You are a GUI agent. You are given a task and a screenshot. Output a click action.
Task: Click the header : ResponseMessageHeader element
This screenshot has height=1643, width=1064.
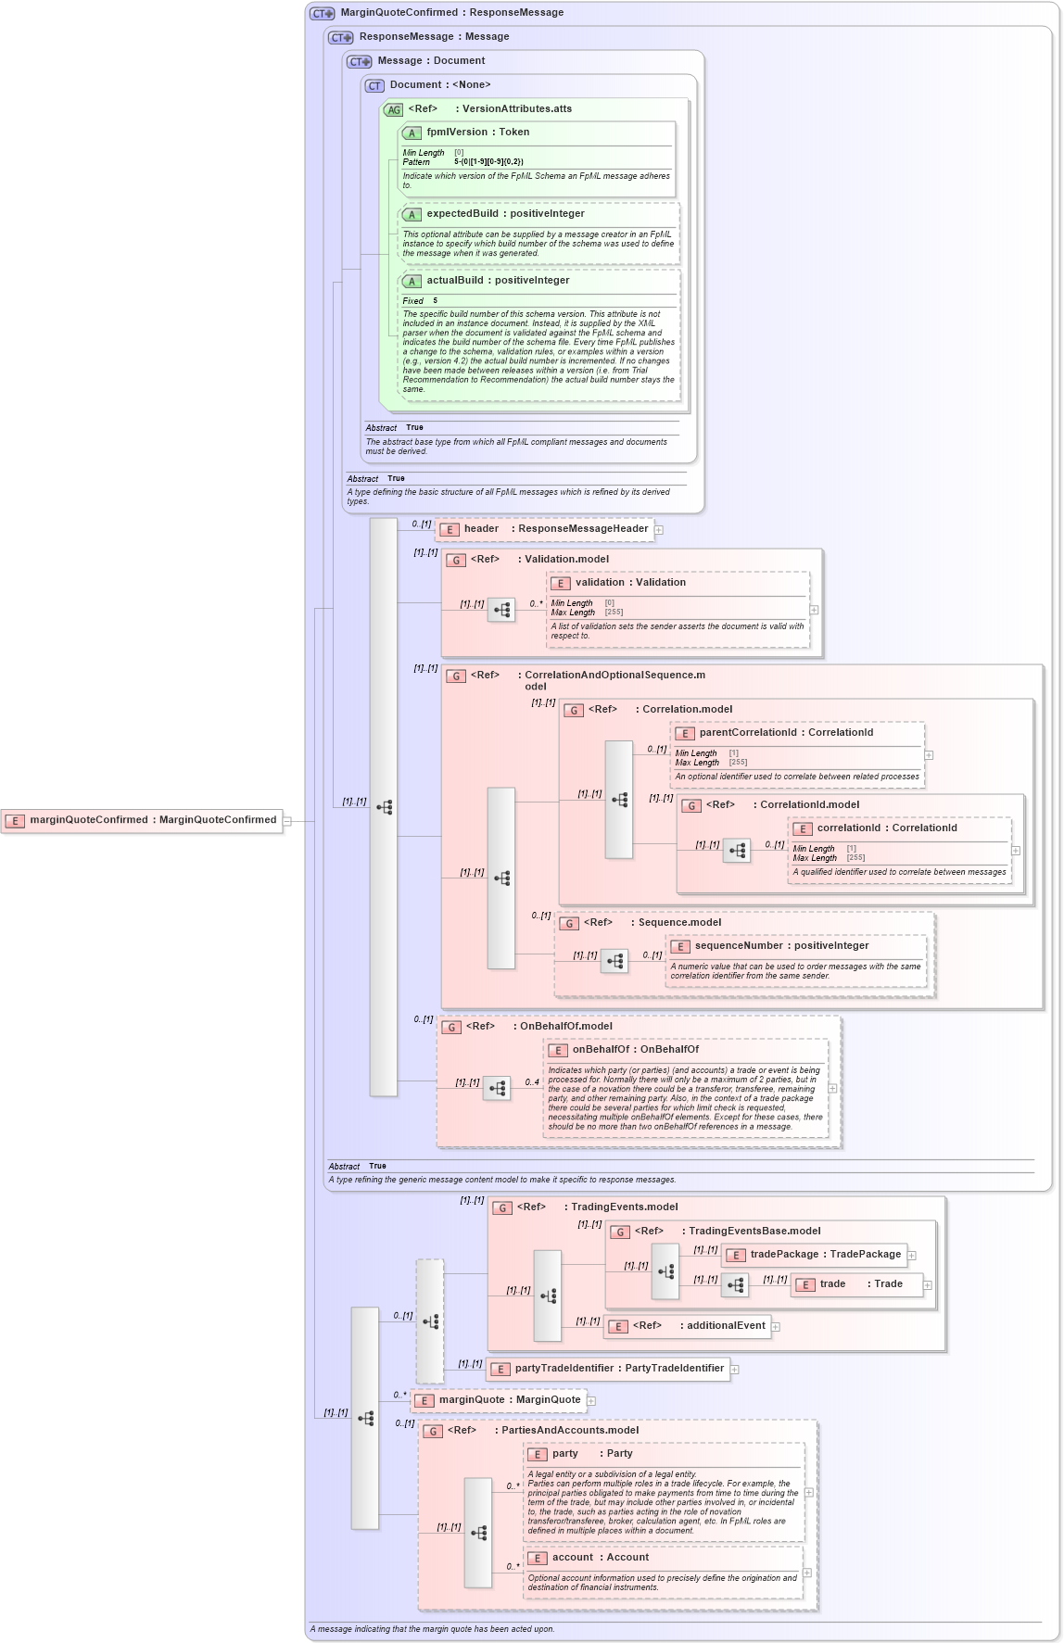(544, 529)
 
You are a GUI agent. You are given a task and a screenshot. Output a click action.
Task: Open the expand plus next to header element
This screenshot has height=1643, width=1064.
(659, 530)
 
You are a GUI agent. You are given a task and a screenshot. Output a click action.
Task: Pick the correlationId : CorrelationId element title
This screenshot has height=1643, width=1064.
(886, 828)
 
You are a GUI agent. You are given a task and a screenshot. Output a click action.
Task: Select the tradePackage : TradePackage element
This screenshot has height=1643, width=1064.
(814, 1255)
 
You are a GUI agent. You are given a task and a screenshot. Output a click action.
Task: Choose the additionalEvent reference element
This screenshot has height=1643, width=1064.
(688, 1326)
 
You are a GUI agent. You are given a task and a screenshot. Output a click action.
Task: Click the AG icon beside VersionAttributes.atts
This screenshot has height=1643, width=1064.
(394, 109)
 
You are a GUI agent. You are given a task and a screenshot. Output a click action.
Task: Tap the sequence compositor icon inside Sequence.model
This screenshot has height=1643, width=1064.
(614, 962)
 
